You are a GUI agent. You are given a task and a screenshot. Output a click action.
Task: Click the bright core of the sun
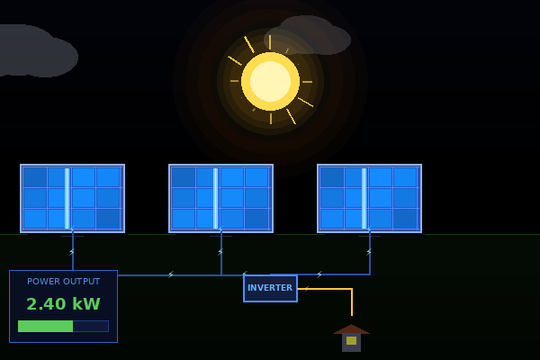pyautogui.click(x=270, y=81)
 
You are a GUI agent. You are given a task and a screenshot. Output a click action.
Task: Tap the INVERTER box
pyautogui.click(x=270, y=288)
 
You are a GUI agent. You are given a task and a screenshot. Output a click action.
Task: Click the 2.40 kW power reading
pyautogui.click(x=63, y=304)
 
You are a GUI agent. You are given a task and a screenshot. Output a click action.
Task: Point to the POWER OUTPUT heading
pyautogui.click(x=63, y=282)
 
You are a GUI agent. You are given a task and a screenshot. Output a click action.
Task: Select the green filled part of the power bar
pyautogui.click(x=46, y=326)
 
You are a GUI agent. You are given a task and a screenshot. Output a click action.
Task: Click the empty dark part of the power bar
pyautogui.click(x=91, y=326)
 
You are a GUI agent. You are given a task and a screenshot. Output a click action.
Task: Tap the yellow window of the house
pyautogui.click(x=351, y=341)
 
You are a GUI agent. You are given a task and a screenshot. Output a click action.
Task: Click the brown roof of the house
pyautogui.click(x=351, y=329)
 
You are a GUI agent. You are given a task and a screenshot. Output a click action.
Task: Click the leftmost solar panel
pyautogui.click(x=73, y=198)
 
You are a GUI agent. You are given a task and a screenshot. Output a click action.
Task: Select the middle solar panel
pyautogui.click(x=221, y=198)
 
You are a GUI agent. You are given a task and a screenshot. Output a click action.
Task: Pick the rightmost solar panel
pyautogui.click(x=370, y=198)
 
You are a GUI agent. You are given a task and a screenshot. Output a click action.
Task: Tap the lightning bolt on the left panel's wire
pyautogui.click(x=72, y=252)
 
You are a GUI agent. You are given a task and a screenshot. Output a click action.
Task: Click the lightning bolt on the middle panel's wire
pyautogui.click(x=220, y=252)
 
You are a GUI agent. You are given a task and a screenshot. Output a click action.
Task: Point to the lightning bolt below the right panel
pyautogui.click(x=369, y=252)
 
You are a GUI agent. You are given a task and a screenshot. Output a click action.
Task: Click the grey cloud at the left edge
pyautogui.click(x=36, y=51)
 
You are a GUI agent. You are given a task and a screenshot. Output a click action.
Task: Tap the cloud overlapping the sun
pyautogui.click(x=307, y=36)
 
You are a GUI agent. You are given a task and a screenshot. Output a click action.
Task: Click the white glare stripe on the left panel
pyautogui.click(x=67, y=198)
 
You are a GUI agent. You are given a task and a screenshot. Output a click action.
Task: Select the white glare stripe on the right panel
pyautogui.click(x=364, y=198)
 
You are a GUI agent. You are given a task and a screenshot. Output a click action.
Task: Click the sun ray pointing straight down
pyautogui.click(x=271, y=119)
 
